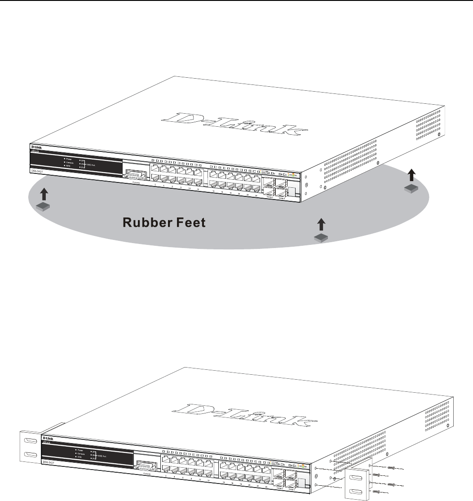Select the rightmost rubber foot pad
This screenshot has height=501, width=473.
411,189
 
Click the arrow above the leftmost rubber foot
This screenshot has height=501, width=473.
43,194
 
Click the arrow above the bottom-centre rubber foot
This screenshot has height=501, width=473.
321,226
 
